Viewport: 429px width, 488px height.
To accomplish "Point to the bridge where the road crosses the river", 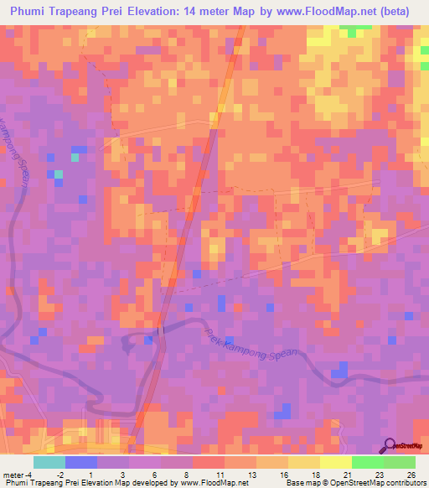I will [158, 331].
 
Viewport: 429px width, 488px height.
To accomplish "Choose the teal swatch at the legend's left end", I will [49, 462].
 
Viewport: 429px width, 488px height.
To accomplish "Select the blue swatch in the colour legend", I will [81, 462].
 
